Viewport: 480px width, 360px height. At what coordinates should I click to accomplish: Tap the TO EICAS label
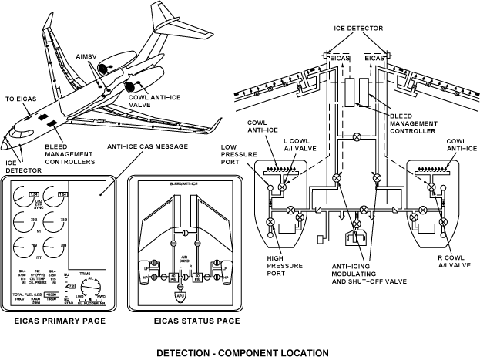[22, 99]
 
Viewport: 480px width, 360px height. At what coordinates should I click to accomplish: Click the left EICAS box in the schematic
[341, 58]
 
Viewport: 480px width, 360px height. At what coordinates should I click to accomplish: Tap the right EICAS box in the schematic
[375, 58]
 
